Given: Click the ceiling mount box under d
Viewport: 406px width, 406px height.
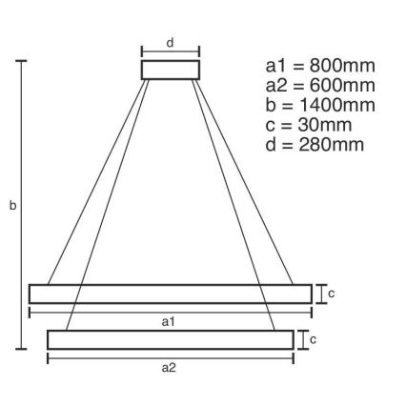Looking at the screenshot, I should coord(171,70).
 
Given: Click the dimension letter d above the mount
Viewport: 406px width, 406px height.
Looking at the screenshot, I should coord(171,42).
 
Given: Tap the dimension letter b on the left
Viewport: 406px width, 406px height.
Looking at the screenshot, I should coord(12,205).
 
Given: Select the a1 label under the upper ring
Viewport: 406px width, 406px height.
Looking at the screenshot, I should coord(169,321).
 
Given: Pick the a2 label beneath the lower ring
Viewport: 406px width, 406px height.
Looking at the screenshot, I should coord(170,367).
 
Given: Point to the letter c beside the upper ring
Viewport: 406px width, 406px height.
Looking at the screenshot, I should coord(331,294).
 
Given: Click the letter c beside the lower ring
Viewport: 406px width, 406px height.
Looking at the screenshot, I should coord(313,339).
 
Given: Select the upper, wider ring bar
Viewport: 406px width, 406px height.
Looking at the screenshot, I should coord(171,294).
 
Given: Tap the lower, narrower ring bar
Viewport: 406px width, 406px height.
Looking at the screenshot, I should coord(171,339).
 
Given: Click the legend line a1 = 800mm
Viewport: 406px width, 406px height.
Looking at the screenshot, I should coord(320,66).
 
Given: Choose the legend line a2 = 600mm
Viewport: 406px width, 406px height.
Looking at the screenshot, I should coord(320,86).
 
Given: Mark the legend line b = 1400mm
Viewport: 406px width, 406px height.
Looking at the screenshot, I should coord(320,105).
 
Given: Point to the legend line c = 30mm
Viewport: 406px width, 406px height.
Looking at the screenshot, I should coord(310,125).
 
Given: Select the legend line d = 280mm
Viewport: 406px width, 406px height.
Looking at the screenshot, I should coord(315,145).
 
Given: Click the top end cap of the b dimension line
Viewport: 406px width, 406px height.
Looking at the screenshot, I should coord(21,61).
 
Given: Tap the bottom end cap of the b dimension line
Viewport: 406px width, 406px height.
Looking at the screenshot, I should coord(21,350).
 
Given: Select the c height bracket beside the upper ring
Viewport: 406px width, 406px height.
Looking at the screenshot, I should coord(321,294).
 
